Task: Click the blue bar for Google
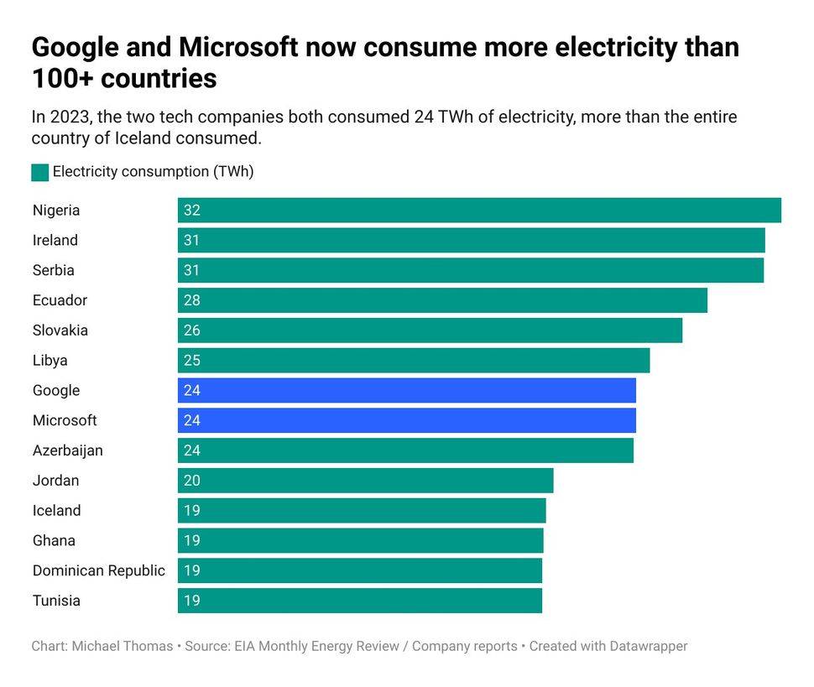coord(406,390)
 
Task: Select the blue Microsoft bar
coord(406,420)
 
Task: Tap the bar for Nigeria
coord(479,211)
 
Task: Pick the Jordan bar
coord(365,481)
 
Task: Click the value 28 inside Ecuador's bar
coord(192,300)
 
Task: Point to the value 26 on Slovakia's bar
coord(192,330)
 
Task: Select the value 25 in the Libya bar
coord(192,361)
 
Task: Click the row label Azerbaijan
coord(67,450)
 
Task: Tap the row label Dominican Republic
coord(98,570)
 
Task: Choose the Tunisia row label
coord(56,601)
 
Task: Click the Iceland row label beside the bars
coord(56,510)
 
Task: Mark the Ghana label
coord(54,540)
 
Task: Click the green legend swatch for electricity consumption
coord(39,172)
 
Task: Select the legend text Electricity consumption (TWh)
coord(153,172)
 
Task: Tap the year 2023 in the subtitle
coord(68,117)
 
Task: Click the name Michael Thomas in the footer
coord(122,646)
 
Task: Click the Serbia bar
coord(470,270)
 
